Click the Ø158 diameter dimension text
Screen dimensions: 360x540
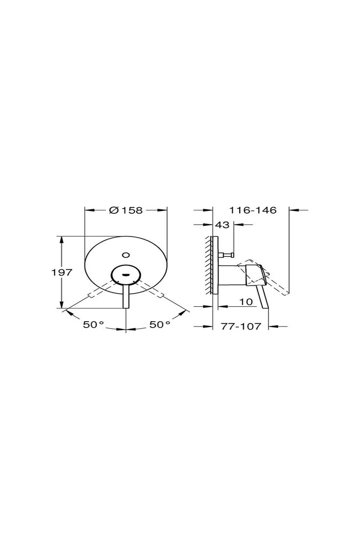[126, 210]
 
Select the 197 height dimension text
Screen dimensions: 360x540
[61, 273]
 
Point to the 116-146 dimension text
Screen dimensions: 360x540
[253, 210]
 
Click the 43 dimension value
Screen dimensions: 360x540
[222, 225]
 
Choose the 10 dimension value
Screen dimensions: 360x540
[247, 302]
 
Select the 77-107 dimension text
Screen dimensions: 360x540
[241, 326]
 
